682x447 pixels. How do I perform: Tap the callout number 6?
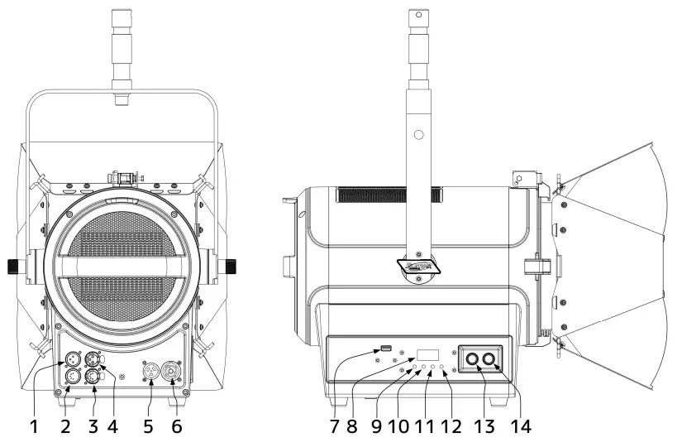pyautogui.click(x=176, y=429)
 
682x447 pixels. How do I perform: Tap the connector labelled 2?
pyautogui.click(x=72, y=377)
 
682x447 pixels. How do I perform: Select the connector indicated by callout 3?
pyautogui.click(x=93, y=377)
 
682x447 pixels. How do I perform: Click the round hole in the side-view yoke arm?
pyautogui.click(x=419, y=133)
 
